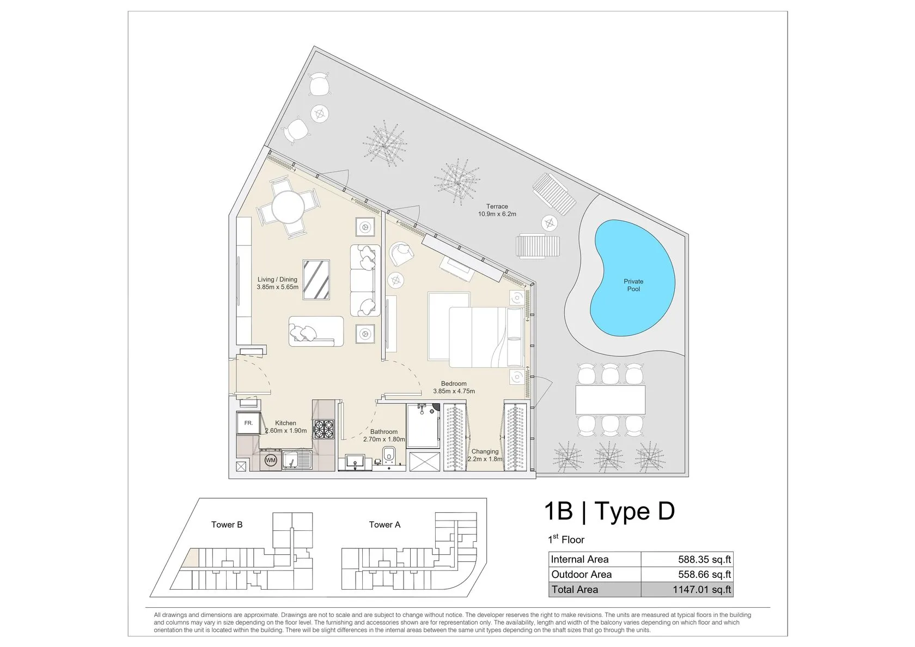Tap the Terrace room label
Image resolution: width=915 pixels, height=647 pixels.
coord(497,207)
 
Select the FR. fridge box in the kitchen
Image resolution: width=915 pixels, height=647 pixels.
coord(248,423)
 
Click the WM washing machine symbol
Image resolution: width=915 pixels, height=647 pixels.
coord(271,460)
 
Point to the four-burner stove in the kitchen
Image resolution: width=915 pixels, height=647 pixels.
coord(324,430)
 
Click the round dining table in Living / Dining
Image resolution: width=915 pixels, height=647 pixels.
coord(289,207)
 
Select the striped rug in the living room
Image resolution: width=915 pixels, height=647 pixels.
coord(316,280)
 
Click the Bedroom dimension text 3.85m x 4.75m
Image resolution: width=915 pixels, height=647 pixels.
coord(454,391)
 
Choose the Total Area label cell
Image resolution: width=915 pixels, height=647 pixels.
coord(595,589)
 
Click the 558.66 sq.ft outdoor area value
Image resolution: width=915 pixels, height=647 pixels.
coord(705,575)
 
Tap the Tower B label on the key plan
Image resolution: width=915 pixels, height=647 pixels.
coord(227,524)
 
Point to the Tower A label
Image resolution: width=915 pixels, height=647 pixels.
coord(385,524)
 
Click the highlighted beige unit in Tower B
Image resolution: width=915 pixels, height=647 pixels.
coord(191,558)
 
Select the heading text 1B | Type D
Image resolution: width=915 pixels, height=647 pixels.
coord(609,511)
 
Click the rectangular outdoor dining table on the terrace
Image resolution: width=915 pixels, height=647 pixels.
coord(610,400)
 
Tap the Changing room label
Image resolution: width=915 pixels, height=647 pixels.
coord(485,451)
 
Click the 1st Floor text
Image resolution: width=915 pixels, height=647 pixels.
coord(566,539)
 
